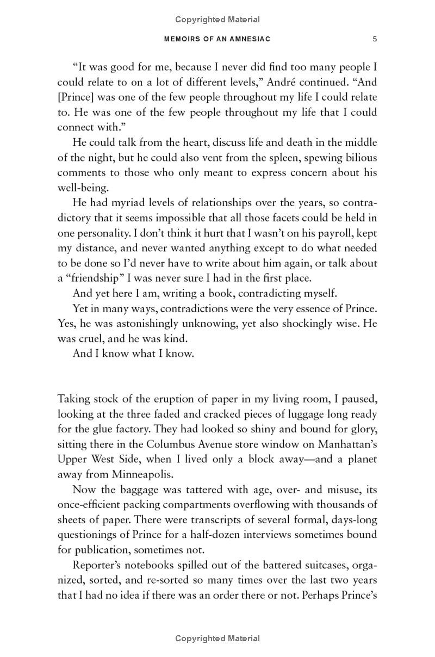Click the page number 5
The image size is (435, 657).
(375, 39)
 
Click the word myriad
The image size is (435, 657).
(122, 203)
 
